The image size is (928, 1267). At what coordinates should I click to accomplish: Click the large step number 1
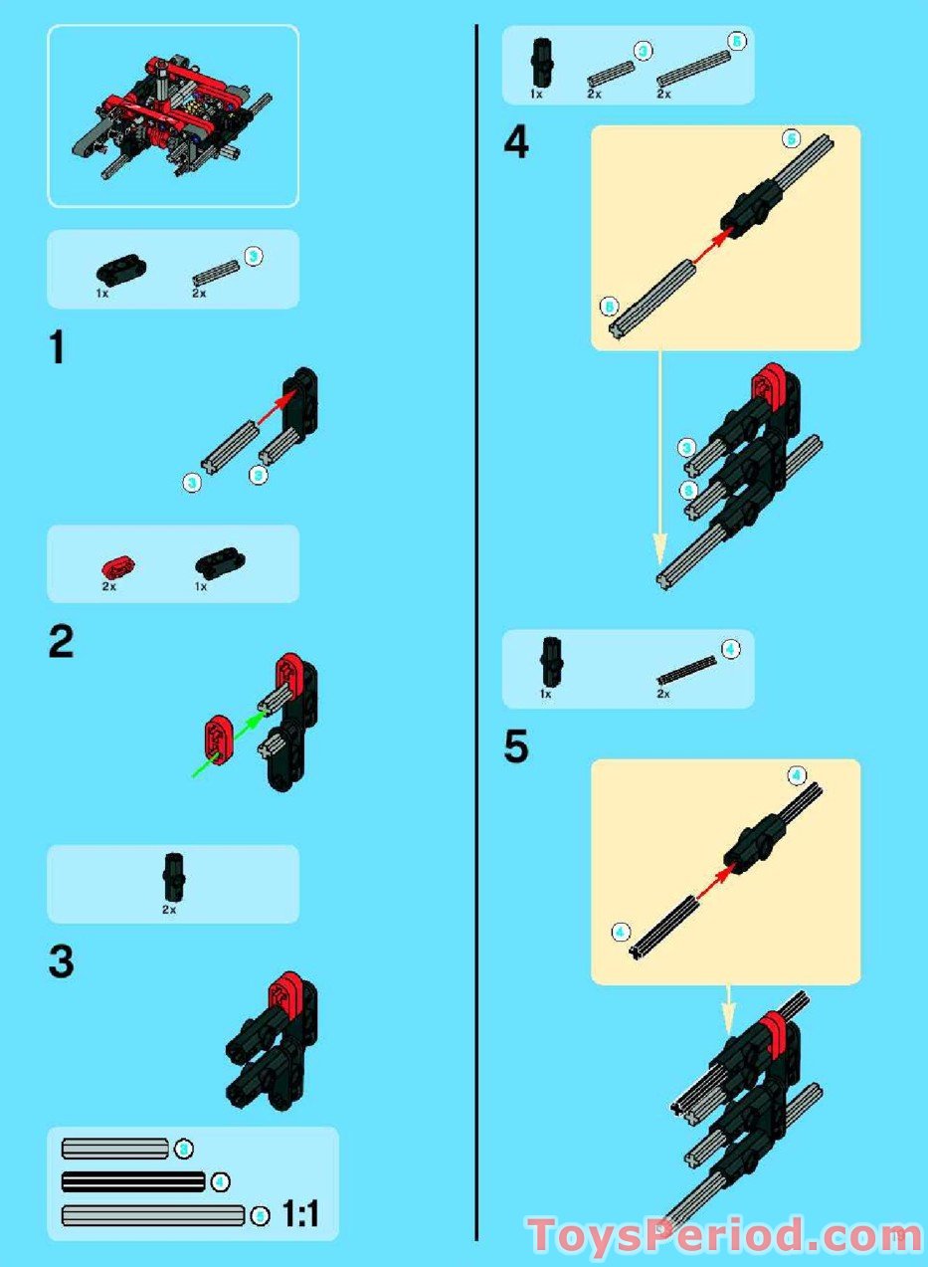(x=58, y=350)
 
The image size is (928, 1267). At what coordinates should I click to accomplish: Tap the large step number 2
(x=61, y=643)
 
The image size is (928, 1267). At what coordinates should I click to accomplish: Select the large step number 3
(x=61, y=962)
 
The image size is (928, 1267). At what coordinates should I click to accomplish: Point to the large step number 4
(x=516, y=144)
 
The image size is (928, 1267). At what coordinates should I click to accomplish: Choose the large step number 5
(x=515, y=747)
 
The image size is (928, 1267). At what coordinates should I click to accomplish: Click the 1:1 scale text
(x=300, y=1214)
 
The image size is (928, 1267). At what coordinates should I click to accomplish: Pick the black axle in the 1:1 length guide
(x=132, y=1182)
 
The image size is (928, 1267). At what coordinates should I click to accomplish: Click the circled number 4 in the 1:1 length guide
(x=221, y=1182)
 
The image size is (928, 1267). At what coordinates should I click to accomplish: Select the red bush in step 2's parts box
(x=117, y=567)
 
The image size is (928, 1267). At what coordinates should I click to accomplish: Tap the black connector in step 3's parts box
(x=171, y=873)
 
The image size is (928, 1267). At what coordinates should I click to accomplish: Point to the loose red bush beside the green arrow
(x=219, y=738)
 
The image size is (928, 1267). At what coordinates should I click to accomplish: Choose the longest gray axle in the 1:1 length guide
(x=153, y=1215)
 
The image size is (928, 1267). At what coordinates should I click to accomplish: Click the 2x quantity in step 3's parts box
(x=170, y=910)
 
